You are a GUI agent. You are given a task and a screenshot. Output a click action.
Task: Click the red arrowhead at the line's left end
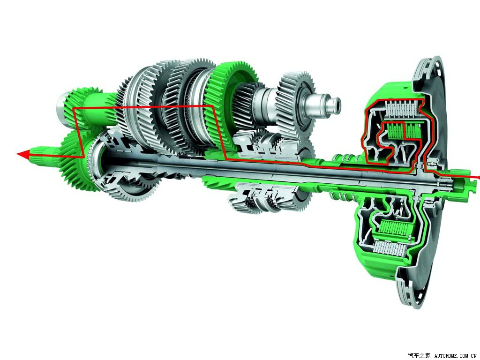(23, 154)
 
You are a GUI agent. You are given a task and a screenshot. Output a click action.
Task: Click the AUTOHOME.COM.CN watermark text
(455, 356)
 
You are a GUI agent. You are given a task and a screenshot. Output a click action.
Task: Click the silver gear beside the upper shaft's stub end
(295, 104)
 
